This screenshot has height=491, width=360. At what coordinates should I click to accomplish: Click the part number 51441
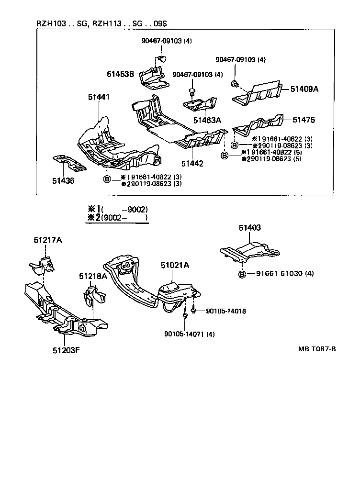99,97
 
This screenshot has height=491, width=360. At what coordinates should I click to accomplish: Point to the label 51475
304,119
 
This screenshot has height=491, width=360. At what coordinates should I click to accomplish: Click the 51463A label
207,120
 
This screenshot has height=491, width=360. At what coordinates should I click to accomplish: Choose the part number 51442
192,163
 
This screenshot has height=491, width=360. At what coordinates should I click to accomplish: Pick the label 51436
63,181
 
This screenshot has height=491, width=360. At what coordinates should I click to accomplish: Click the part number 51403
250,228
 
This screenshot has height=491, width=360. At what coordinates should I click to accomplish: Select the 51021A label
175,265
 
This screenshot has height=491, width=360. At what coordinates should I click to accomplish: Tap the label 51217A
48,240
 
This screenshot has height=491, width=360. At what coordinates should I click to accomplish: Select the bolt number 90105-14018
226,311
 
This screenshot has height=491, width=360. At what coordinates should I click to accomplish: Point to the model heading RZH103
52,23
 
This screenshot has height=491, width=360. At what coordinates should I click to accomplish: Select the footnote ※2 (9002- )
117,218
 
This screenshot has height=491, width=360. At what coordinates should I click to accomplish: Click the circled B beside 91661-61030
242,274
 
